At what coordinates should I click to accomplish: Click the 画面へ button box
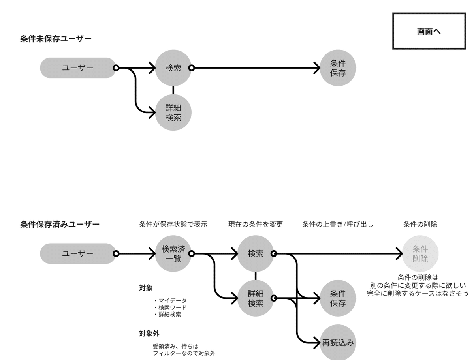point(429,31)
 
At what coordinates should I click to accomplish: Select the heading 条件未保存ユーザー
point(56,39)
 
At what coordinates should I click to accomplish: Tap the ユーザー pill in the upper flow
point(78,68)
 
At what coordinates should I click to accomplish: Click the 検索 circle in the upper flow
point(173,68)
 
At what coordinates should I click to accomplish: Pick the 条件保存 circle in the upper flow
point(338,68)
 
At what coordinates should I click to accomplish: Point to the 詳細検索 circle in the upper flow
point(173,112)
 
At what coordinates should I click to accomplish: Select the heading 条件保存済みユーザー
point(60,225)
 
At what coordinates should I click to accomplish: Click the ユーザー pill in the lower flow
point(78,253)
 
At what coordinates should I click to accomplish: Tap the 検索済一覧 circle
point(173,254)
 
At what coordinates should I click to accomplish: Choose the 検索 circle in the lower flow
point(256,254)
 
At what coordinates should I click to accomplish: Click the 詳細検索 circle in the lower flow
point(256,298)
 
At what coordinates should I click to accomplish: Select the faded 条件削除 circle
point(420,254)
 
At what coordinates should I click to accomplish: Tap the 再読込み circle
point(338,343)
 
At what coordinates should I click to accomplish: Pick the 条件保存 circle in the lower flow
point(338,298)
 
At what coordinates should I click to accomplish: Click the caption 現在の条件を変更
point(256,224)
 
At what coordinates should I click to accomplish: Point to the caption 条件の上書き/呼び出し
point(338,224)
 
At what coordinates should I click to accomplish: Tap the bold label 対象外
point(149,334)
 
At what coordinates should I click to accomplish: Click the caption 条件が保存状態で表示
point(173,224)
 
